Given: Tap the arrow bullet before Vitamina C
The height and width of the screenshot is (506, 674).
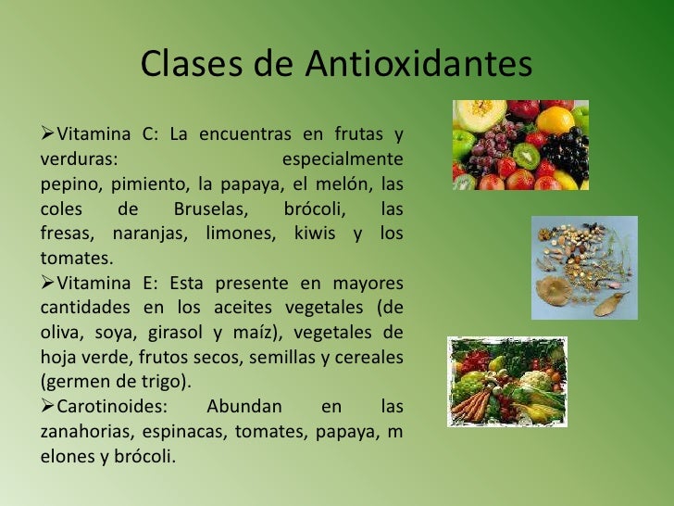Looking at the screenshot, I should pyautogui.click(x=48, y=137).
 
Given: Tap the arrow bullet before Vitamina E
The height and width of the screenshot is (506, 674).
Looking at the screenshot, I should pyautogui.click(x=48, y=281).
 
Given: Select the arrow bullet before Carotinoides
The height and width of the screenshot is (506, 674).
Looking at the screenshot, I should pyautogui.click(x=48, y=407).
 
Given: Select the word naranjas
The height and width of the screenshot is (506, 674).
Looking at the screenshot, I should pyautogui.click(x=147, y=234).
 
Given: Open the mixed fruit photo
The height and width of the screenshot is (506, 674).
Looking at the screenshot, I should pyautogui.click(x=519, y=145).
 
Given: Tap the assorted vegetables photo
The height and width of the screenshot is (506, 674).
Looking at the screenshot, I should pyautogui.click(x=506, y=381).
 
